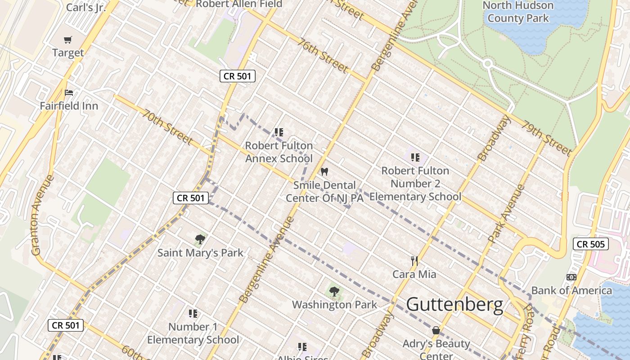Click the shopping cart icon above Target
(x=68, y=40)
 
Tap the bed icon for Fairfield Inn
(x=68, y=93)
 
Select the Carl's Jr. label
(x=86, y=7)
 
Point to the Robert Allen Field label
(x=239, y=4)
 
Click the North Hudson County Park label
(x=518, y=12)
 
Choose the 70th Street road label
(x=167, y=127)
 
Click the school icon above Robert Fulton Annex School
(x=279, y=132)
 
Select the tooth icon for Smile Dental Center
(x=324, y=172)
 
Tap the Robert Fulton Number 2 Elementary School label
(x=415, y=184)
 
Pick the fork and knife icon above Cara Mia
(x=414, y=261)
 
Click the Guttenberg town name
(x=454, y=305)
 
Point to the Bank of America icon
(x=571, y=277)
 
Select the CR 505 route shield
(x=590, y=244)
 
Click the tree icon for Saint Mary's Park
(x=200, y=239)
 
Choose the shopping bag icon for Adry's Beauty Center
(x=436, y=331)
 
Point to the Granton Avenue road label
(x=42, y=215)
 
